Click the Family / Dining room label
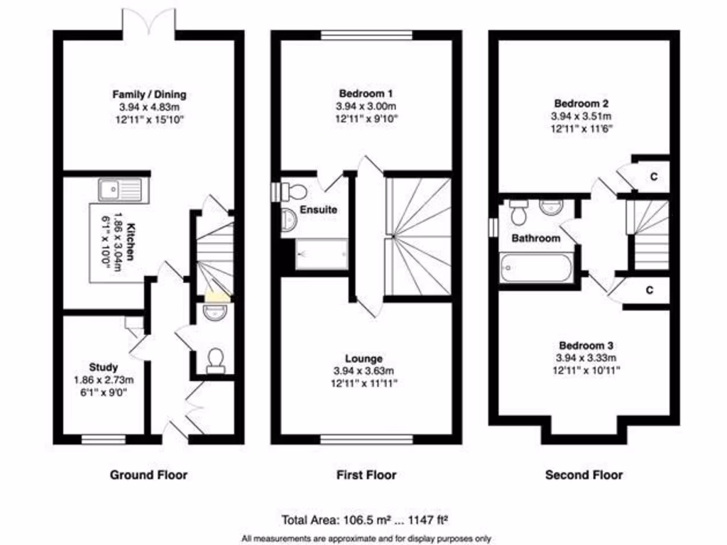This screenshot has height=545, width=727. [149, 94]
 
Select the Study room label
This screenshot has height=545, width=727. [104, 367]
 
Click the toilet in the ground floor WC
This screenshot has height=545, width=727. [215, 360]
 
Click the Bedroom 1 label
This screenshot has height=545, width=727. [366, 94]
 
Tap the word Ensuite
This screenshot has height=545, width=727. [318, 210]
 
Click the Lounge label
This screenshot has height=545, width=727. [365, 359]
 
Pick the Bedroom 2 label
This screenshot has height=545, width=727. [581, 103]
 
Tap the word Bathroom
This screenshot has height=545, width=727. [536, 238]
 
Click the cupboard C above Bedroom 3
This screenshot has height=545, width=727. [650, 290]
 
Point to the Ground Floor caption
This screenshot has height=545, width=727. [148, 475]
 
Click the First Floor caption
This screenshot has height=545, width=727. [366, 475]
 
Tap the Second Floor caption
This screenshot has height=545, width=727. [584, 475]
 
